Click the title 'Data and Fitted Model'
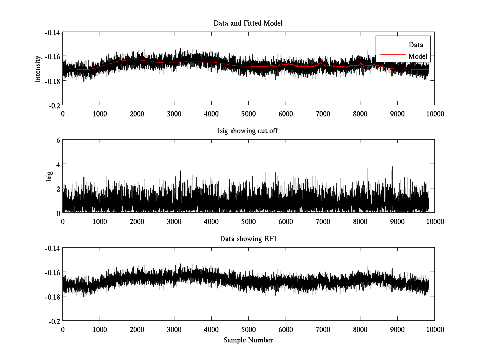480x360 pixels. (x=248, y=23)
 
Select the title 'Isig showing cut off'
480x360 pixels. (x=248, y=131)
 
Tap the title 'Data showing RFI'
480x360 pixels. (x=248, y=239)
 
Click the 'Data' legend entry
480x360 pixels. (x=416, y=45)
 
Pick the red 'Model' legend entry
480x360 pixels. (x=418, y=56)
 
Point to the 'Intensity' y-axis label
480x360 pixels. (x=38, y=68)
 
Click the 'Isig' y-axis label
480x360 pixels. (x=49, y=176)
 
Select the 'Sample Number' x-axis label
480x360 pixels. (x=248, y=340)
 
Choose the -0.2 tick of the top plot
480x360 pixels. (x=54, y=105)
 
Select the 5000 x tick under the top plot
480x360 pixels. (x=248, y=114)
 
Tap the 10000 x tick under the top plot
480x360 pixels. (x=434, y=114)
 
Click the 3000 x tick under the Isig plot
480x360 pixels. (x=174, y=221)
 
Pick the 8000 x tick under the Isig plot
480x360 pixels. (x=360, y=221)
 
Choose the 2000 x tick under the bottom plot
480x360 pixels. (x=137, y=329)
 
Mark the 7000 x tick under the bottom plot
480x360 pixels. (x=323, y=329)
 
